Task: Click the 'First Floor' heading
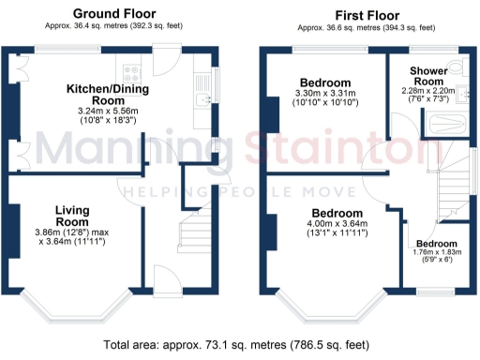click(362, 14)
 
